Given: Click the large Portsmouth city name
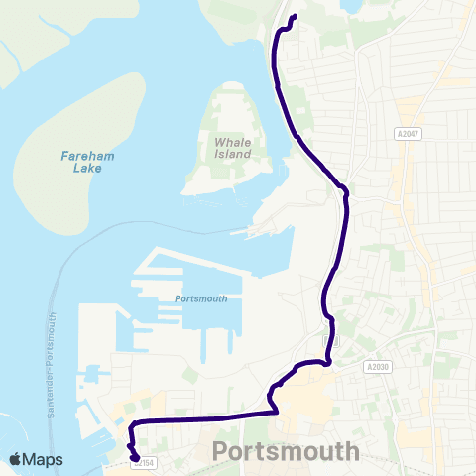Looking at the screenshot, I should click(x=286, y=451).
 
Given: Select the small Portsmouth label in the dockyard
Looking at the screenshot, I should click(x=200, y=298).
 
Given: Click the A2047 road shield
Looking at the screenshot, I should click(x=407, y=134).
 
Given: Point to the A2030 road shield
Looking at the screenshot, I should click(x=377, y=366).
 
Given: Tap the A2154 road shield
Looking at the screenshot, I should click(x=144, y=462).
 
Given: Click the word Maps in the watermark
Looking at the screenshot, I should click(x=45, y=459).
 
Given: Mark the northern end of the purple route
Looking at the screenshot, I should click(x=294, y=17).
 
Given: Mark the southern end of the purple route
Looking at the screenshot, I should click(x=134, y=457).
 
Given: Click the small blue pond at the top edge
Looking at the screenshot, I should click(x=351, y=5).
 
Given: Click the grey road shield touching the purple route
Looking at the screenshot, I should click(x=332, y=340).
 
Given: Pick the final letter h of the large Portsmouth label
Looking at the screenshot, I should click(x=351, y=451).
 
